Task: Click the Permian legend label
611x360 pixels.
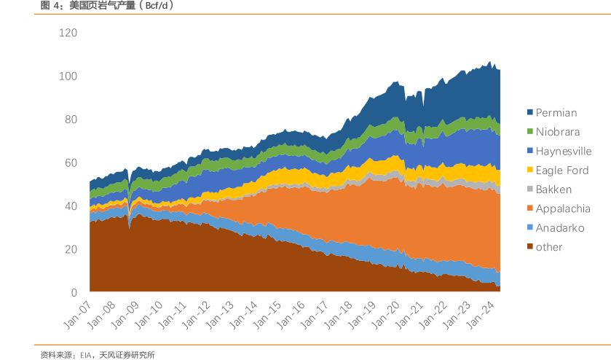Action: (x=556, y=113)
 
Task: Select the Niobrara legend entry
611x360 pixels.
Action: (x=558, y=132)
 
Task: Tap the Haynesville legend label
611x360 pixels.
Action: (x=564, y=152)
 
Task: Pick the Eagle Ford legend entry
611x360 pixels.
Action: (x=562, y=171)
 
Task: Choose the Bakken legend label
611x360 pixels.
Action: (x=553, y=189)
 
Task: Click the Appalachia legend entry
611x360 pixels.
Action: (x=563, y=208)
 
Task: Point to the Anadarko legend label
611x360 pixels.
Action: (x=560, y=228)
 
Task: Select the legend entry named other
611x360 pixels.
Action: (x=549, y=247)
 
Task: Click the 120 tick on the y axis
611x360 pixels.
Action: (x=69, y=33)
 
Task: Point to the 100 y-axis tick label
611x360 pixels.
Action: (x=69, y=76)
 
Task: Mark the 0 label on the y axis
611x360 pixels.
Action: (x=74, y=293)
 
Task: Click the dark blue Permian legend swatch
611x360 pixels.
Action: (x=530, y=113)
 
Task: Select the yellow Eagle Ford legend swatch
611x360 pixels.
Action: (x=530, y=171)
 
